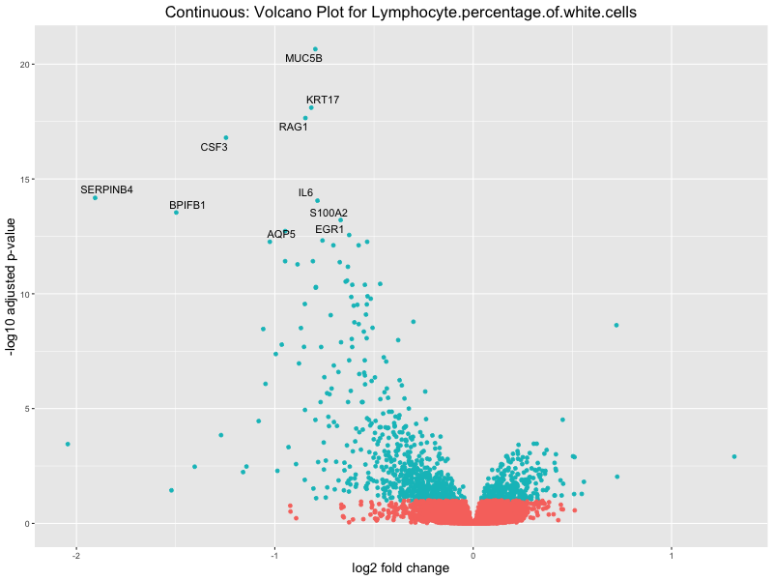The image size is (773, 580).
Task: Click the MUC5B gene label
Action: pyautogui.click(x=303, y=59)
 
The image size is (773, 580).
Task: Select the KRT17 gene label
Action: pyautogui.click(x=323, y=101)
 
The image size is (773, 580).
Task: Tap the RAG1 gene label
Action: pyautogui.click(x=293, y=128)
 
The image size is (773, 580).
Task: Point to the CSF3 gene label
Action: pyautogui.click(x=214, y=148)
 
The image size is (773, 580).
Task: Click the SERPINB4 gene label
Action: pyautogui.click(x=106, y=189)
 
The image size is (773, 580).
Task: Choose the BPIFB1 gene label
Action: pyautogui.click(x=187, y=206)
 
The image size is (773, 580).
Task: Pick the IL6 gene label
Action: pyautogui.click(x=305, y=193)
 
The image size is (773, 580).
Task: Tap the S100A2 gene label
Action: pyautogui.click(x=329, y=213)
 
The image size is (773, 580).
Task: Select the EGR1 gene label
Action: pyautogui.click(x=329, y=230)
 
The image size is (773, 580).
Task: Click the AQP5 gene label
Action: pyautogui.click(x=281, y=235)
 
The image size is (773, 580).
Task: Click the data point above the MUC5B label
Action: pyautogui.click(x=315, y=49)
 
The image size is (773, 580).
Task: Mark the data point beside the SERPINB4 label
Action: pyautogui.click(x=95, y=197)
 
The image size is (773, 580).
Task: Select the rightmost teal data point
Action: pyautogui.click(x=734, y=456)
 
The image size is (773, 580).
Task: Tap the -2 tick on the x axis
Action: pyautogui.click(x=75, y=552)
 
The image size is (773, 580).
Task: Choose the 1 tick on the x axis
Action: pyautogui.click(x=672, y=552)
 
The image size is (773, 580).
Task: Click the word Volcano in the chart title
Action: pyautogui.click(x=261, y=13)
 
